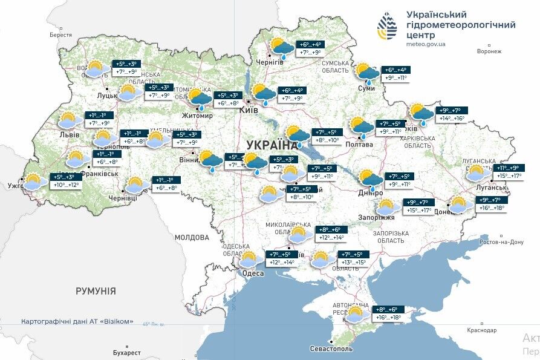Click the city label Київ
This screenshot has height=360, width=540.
[x=249, y=110]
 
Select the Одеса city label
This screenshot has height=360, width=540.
[x=252, y=273]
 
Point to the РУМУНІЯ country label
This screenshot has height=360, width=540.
[x=96, y=291]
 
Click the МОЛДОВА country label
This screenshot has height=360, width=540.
[x=192, y=238]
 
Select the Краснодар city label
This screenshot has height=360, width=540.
[x=482, y=330]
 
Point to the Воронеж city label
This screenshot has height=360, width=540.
[x=489, y=51]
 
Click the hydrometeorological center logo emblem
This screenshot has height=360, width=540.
[x=388, y=26]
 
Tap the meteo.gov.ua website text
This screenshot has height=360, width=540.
[x=426, y=44]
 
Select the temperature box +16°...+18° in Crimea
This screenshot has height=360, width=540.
[x=387, y=316]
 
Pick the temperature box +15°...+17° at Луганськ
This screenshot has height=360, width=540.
[x=508, y=176]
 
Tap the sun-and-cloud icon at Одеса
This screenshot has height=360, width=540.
[x=248, y=260]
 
